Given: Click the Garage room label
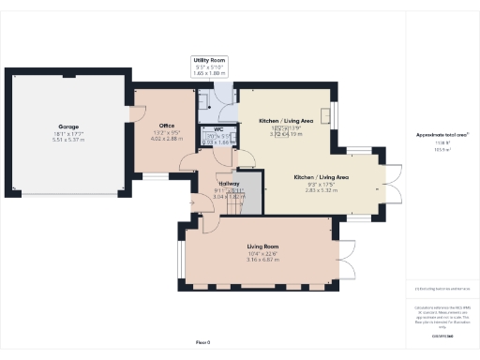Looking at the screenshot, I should tap(67, 125).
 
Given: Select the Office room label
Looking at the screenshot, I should tap(168, 126).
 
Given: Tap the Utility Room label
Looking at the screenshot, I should tap(210, 59).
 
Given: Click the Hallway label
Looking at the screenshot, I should tap(229, 184).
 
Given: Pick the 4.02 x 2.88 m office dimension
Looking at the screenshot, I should tap(168, 139).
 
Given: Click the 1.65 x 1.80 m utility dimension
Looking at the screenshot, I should tap(210, 72).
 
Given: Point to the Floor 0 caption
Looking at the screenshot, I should tap(202, 342).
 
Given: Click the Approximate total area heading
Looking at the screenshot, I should tap(442, 135).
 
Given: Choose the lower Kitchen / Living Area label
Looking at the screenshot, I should tap(322, 177).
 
